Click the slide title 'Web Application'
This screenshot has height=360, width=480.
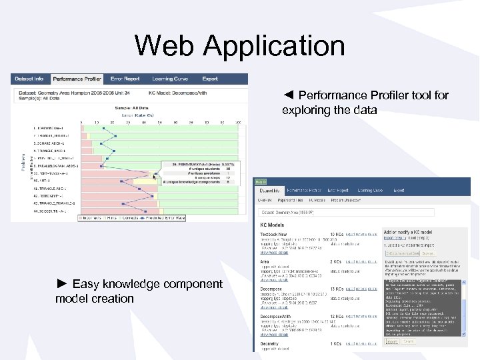[x=239, y=46]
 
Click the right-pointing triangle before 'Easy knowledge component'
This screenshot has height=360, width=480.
[x=62, y=284]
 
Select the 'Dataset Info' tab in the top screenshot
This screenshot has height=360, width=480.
[x=29, y=79]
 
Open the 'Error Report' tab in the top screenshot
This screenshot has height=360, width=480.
[x=125, y=79]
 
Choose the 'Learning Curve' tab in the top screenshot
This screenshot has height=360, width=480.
[x=170, y=79]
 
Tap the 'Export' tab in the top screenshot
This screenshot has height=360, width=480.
[x=210, y=79]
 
